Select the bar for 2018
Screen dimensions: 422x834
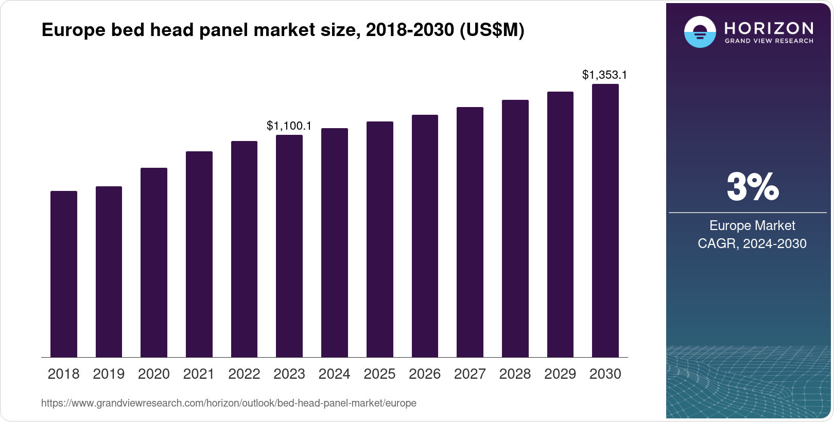point(64,274)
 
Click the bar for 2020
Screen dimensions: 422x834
point(154,262)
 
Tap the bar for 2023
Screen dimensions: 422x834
point(289,246)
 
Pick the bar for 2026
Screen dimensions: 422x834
point(425,236)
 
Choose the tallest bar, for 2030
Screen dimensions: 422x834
point(605,220)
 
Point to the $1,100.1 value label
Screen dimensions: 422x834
point(289,126)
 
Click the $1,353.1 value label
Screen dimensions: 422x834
point(604,75)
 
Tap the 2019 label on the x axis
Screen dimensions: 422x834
point(109,374)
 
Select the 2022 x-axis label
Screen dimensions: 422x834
point(244,374)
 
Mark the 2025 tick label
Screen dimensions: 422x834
point(379,374)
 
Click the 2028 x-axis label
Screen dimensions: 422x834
point(515,374)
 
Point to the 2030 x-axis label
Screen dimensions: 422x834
point(605,374)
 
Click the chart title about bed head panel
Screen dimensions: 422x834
point(283,30)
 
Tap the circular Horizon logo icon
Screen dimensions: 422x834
point(700,32)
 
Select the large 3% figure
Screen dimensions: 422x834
point(753,187)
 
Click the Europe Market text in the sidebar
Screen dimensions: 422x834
point(752,225)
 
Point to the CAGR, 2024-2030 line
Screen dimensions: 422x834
point(752,243)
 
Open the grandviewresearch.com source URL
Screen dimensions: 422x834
point(229,403)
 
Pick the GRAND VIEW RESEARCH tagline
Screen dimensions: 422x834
point(769,41)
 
